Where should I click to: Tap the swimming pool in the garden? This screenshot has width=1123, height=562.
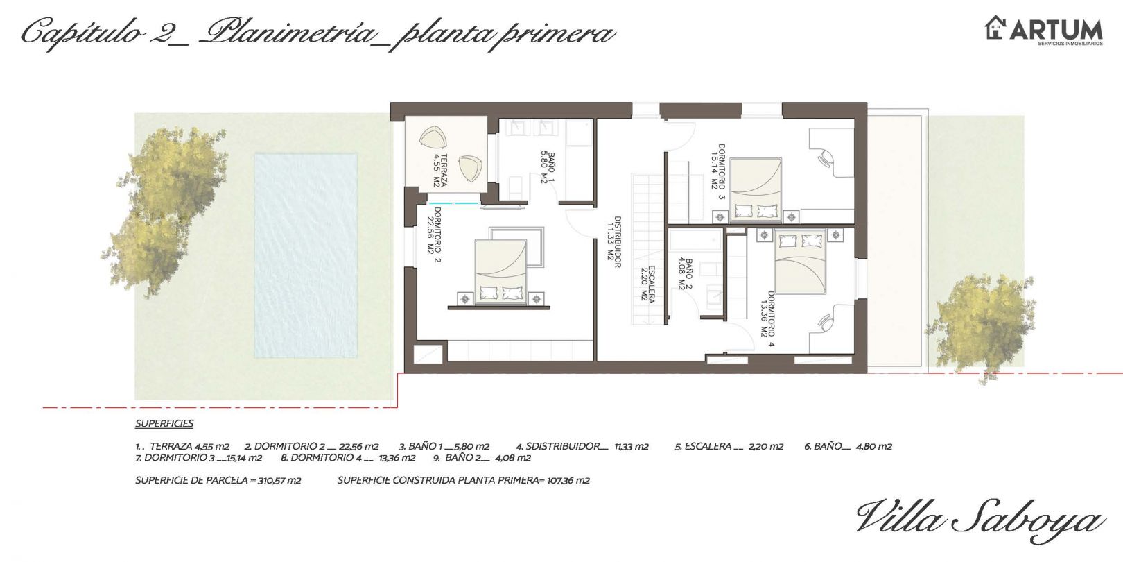tap(306, 255)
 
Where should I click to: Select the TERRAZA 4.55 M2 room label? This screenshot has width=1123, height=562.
tap(439, 171)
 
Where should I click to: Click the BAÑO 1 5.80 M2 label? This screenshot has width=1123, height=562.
tap(548, 168)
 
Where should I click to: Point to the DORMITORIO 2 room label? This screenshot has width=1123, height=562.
tap(434, 235)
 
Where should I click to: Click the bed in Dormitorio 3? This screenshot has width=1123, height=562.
tap(756, 189)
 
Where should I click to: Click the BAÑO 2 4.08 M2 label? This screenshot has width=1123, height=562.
tap(685, 274)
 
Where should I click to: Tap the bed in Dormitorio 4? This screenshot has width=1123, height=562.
tap(800, 262)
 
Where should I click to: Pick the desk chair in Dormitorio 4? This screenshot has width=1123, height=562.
tap(826, 322)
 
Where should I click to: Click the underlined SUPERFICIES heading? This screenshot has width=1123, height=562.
tap(164, 423)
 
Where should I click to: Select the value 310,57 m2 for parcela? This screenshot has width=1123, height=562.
tap(279, 480)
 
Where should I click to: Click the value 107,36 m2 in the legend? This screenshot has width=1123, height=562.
tap(568, 480)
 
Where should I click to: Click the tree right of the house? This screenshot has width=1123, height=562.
tap(980, 325)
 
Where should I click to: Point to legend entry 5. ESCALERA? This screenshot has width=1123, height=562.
tap(729, 446)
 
